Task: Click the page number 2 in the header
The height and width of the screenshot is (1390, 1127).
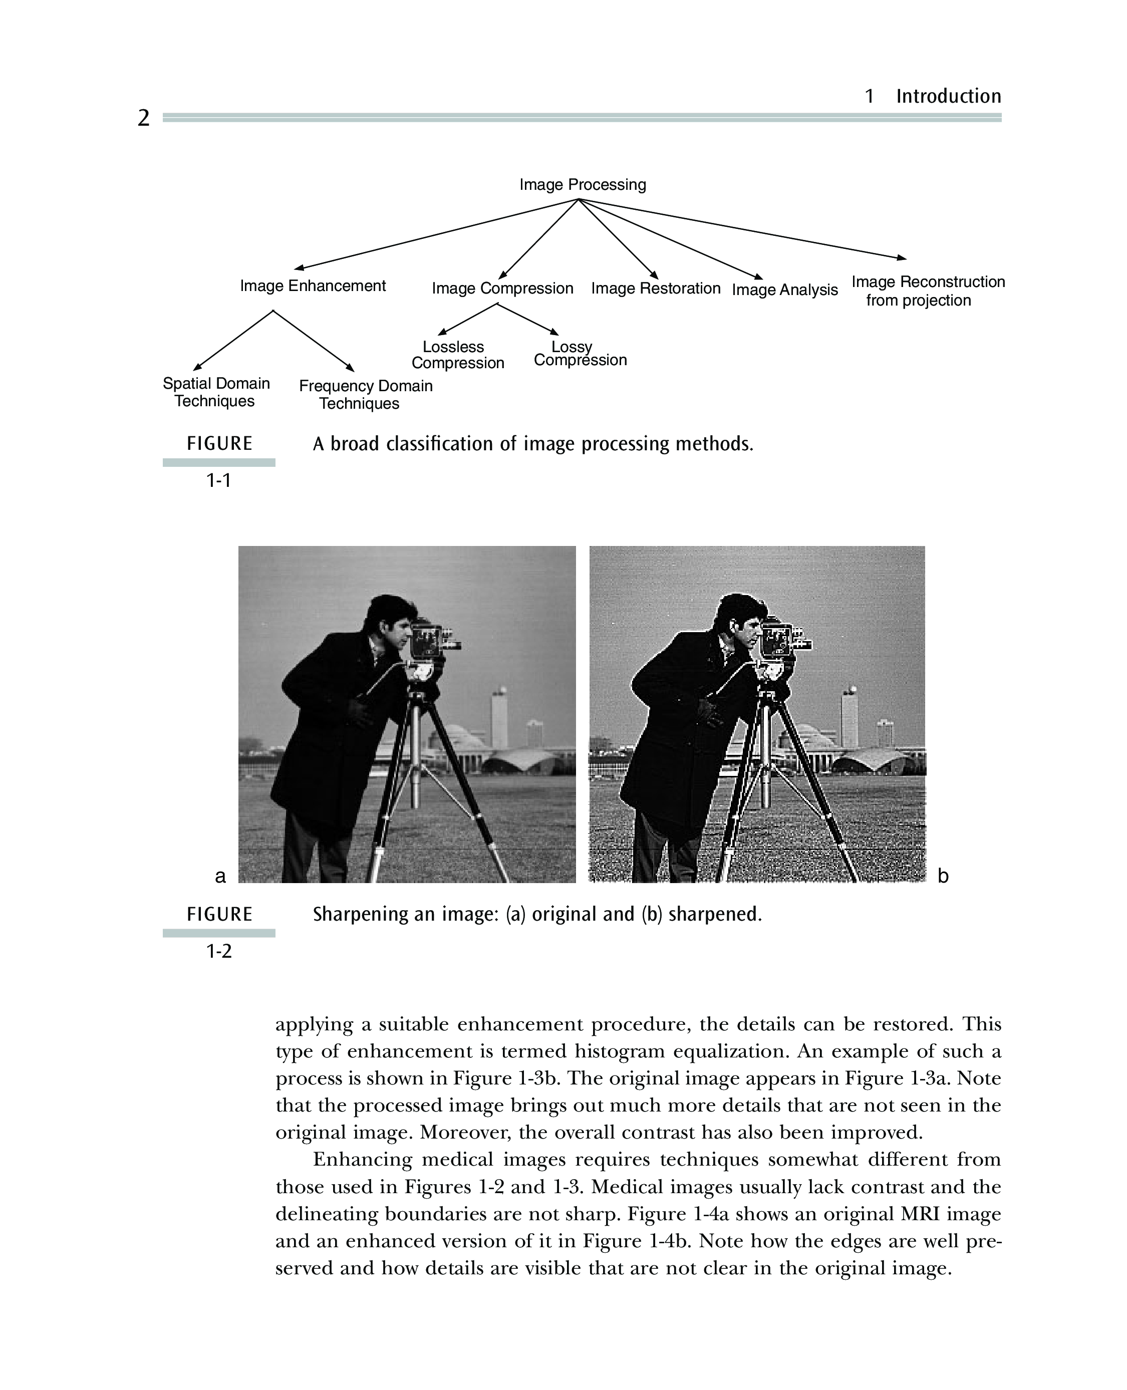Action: coord(143,118)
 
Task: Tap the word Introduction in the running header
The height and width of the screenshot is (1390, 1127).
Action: coord(949,96)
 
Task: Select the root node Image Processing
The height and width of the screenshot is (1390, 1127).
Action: coord(583,185)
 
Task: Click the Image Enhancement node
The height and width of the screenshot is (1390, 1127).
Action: coord(313,287)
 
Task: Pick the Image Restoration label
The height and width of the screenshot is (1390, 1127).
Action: coord(656,288)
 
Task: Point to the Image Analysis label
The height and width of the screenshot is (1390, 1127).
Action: coord(785,290)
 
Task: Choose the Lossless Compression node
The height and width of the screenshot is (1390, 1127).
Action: coord(458,355)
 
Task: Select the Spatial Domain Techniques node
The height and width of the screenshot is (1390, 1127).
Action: coord(216,392)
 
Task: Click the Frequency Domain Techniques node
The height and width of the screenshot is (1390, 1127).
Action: coord(366,395)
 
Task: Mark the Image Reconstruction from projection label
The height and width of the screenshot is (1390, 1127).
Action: coord(928,291)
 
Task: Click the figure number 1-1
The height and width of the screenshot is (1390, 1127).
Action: coord(219,480)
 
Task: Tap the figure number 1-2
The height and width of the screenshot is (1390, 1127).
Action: coord(219,951)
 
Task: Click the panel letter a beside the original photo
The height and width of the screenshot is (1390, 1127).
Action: coord(220,877)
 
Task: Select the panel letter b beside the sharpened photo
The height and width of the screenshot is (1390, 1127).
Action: coord(943,876)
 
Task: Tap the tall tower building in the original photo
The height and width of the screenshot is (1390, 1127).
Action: coord(498,717)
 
